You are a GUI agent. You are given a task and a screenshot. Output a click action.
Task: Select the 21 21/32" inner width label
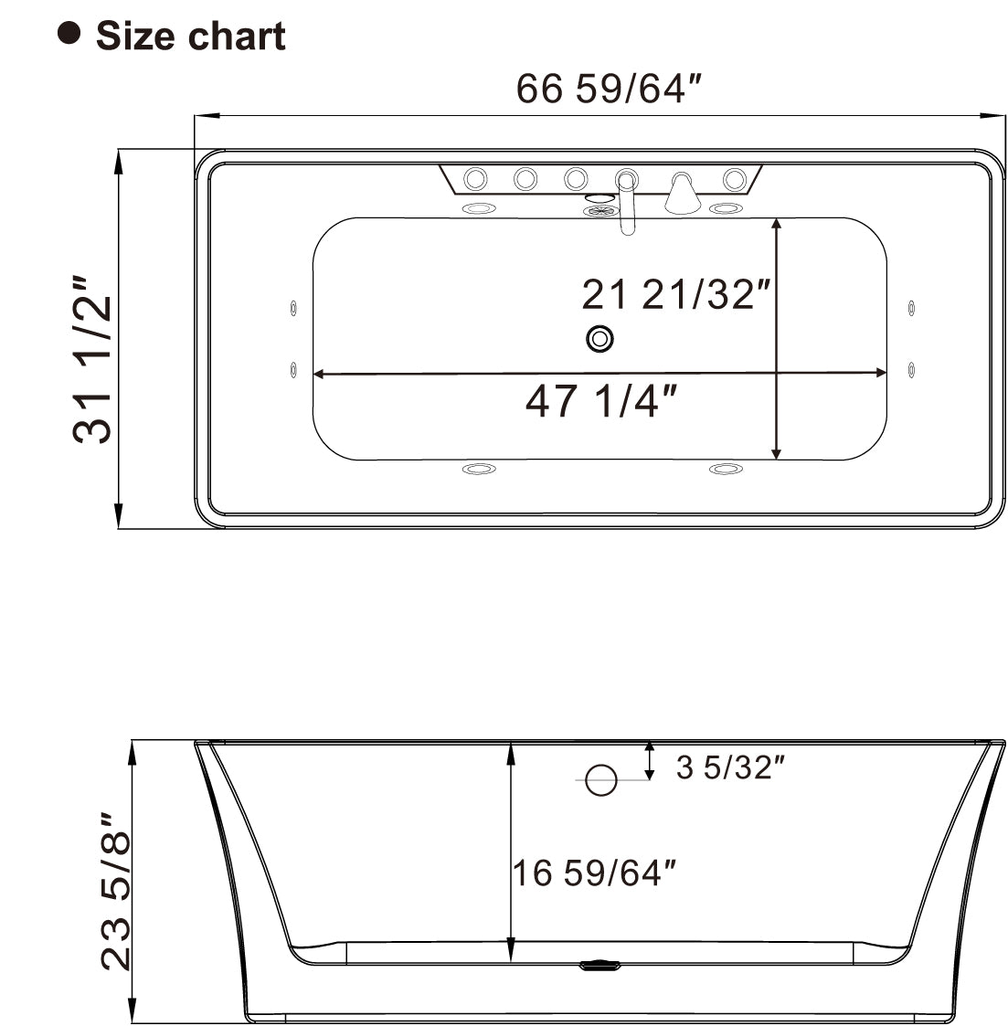[x=676, y=294]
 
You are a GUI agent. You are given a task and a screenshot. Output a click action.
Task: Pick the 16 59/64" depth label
[x=598, y=873]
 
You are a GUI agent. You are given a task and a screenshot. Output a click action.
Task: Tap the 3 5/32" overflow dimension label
[x=731, y=767]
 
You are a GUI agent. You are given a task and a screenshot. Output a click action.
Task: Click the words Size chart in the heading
[x=190, y=37]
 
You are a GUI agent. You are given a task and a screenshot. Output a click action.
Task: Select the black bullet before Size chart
[x=69, y=34]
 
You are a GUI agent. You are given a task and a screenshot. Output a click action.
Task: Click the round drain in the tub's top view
[x=599, y=339]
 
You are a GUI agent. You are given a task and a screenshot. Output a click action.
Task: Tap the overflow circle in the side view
[x=600, y=779]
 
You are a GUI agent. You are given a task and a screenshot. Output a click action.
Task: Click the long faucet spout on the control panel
[x=627, y=203]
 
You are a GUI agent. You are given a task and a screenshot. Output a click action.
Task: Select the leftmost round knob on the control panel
[x=476, y=178]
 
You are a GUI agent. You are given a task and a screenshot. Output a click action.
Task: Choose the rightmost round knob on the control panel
[x=734, y=178]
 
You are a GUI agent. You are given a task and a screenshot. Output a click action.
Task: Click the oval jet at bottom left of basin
[x=479, y=470]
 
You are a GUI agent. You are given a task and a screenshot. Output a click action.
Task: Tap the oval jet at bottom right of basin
[x=726, y=470]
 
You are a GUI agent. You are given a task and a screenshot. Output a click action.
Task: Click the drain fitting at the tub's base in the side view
[x=599, y=964]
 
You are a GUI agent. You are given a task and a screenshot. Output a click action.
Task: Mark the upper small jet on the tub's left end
[x=292, y=308]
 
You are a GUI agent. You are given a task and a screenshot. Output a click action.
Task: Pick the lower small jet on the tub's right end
[x=912, y=368]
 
